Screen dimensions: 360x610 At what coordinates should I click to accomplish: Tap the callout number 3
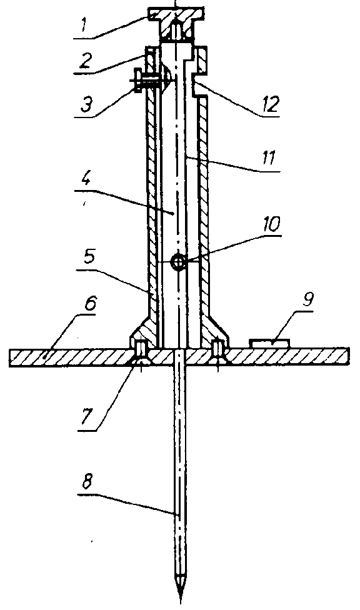click(x=86, y=104)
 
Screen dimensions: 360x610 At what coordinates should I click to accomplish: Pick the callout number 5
click(x=89, y=256)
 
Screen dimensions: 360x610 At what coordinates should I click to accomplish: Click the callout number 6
click(x=89, y=304)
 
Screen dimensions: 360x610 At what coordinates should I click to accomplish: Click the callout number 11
click(x=269, y=158)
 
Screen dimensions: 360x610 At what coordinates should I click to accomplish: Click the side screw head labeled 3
click(x=137, y=81)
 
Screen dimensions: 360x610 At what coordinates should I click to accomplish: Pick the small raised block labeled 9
click(x=270, y=343)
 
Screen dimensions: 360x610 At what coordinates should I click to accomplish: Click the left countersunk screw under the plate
click(x=140, y=353)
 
